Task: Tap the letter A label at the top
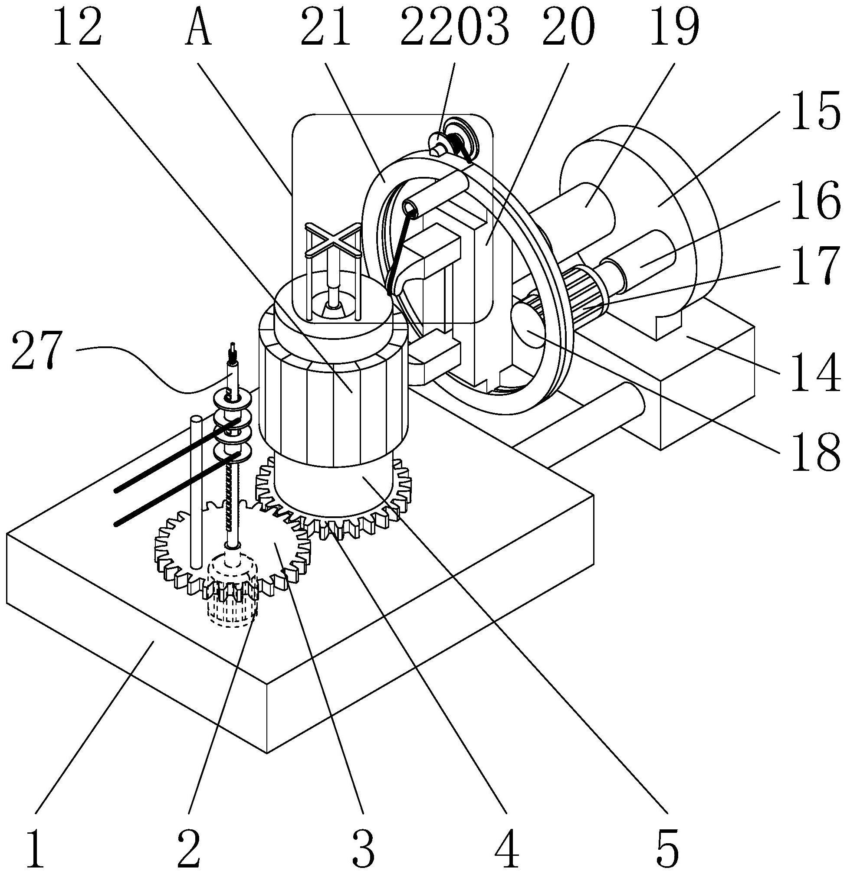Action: pos(198,29)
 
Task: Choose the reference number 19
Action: pos(674,29)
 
